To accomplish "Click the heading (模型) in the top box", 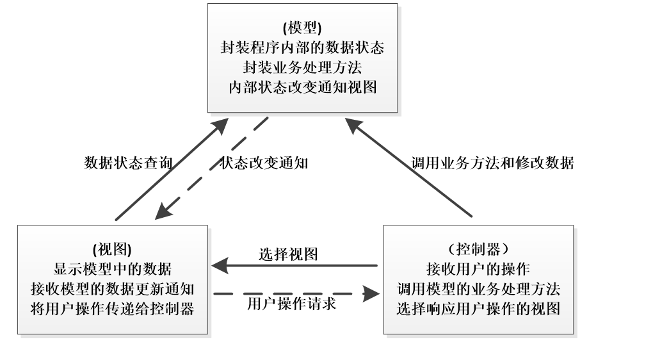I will [302, 28].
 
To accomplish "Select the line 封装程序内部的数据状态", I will [302, 47].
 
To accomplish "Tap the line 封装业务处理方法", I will [302, 67].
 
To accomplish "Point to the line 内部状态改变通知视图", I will [302, 86].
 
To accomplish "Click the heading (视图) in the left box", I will [112, 249].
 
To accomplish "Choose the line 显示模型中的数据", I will [112, 268].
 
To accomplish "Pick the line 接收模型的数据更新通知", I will [112, 288].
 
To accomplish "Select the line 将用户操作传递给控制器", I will [112, 308].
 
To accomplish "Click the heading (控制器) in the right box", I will [479, 249].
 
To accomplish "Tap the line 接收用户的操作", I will [479, 268].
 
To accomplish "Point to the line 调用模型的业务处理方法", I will [479, 288].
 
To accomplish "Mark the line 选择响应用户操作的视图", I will [479, 308].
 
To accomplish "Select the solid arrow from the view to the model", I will [170, 170].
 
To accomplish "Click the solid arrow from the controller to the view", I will [294, 265].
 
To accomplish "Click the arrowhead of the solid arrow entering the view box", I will [220, 265].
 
